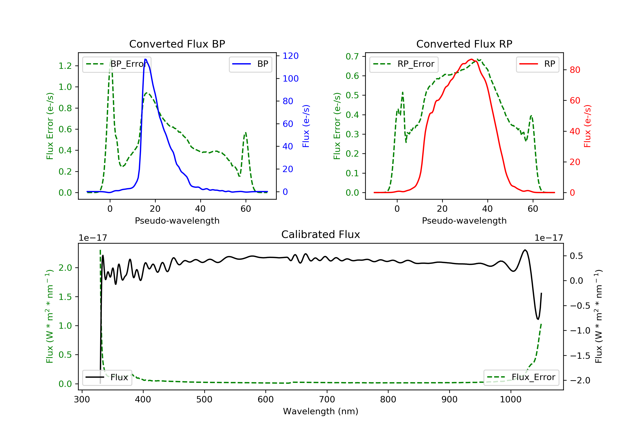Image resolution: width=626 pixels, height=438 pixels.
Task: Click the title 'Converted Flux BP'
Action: (177, 44)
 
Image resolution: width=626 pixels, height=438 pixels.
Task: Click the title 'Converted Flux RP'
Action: (464, 44)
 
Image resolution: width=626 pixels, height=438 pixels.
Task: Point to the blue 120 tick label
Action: (290, 56)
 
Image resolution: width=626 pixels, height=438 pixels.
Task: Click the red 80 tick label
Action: (575, 70)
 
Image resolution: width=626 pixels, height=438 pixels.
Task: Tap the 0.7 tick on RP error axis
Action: (352, 57)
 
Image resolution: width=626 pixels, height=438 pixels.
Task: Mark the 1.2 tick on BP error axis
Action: (65, 66)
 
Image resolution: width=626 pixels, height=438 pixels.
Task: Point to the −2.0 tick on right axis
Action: (580, 380)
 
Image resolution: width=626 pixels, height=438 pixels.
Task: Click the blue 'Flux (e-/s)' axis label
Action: (306, 126)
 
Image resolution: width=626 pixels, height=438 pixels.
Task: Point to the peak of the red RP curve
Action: (471, 59)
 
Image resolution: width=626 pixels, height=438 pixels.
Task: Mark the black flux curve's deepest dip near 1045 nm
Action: (538, 319)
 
